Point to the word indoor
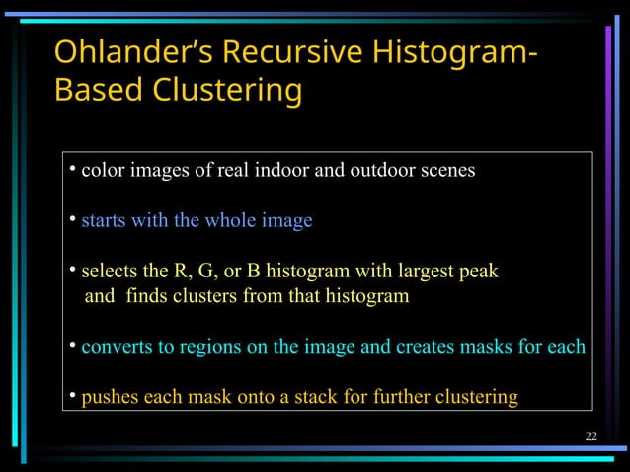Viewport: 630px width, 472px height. (x=283, y=170)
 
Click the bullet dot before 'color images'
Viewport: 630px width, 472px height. (x=73, y=168)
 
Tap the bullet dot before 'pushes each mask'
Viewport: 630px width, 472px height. (x=73, y=396)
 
